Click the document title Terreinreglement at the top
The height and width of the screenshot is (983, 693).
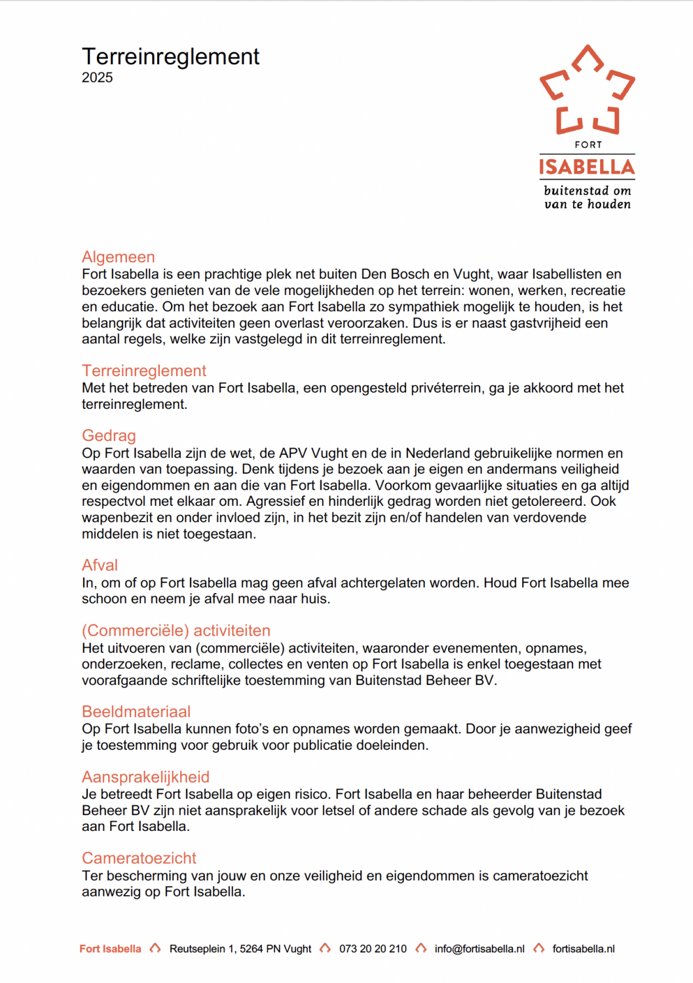coord(170,57)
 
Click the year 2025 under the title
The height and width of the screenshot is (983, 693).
coord(97,77)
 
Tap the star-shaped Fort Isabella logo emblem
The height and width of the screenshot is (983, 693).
coord(587,90)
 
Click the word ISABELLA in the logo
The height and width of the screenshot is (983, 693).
coord(587,167)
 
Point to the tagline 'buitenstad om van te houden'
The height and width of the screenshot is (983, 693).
coord(588,197)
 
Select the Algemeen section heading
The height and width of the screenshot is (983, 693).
coord(119,257)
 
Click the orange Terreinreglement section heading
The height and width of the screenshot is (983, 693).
coord(144,371)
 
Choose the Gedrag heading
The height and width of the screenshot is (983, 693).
coord(109,436)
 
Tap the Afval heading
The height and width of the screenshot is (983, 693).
coord(100,566)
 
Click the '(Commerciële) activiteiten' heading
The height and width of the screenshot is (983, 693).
coord(176,630)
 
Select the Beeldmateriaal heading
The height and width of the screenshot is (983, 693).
coord(136,712)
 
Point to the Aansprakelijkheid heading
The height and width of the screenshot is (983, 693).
coord(145,777)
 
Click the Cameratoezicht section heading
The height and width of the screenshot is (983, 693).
coord(139,858)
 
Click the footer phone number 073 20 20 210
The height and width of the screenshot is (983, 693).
coord(373,949)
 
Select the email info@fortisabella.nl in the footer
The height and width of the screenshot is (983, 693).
coord(479,949)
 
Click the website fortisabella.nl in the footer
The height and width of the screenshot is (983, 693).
coord(584,949)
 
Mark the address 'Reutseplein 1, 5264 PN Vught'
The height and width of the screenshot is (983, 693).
coord(240,949)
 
